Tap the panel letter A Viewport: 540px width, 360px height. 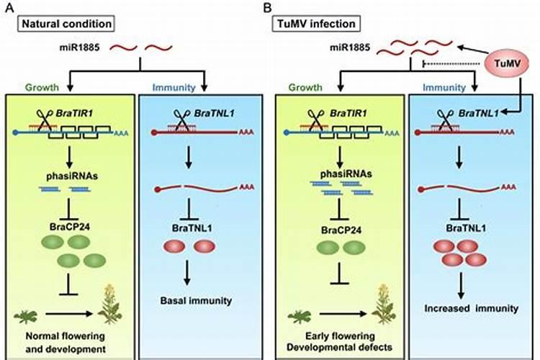[9, 8]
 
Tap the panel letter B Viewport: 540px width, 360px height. [268, 8]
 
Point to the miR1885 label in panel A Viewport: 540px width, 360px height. [83, 48]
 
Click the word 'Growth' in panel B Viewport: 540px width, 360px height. [305, 88]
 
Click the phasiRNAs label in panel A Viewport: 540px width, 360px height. [63, 173]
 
